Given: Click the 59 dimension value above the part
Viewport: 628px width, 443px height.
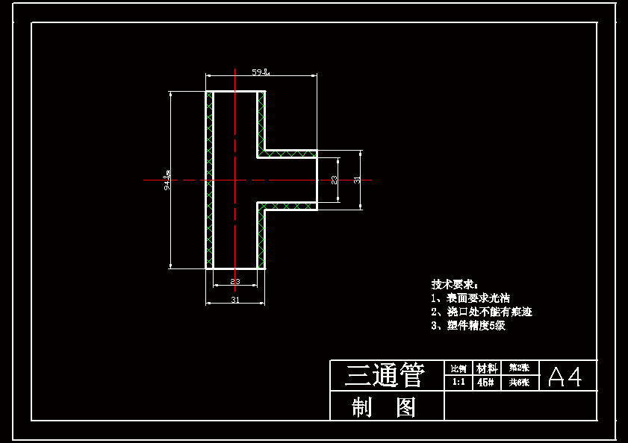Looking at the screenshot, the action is point(259,72).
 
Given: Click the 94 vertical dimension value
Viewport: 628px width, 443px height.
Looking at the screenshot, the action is point(167,180).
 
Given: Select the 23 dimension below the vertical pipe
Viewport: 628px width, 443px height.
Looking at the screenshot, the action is point(234,281).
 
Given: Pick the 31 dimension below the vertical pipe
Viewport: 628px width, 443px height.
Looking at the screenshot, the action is point(234,300).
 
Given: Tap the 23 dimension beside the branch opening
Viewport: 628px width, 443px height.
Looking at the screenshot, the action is point(334,180).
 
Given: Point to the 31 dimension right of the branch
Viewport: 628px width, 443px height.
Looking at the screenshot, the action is point(357,180).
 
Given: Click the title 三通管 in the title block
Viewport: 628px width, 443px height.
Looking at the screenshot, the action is point(384,375).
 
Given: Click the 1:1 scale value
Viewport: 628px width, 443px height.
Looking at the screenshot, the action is point(458,383).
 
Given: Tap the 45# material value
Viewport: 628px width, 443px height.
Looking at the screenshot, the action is point(485,383).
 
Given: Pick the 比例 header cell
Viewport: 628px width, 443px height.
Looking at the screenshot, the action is point(458,368).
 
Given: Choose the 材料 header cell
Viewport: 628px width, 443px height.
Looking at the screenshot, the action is point(487,368).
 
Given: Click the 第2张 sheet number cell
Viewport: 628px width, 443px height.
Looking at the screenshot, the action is point(519,368).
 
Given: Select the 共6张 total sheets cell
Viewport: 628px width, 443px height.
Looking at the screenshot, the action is point(519,383).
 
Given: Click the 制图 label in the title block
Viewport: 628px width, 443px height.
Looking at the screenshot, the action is point(384,407).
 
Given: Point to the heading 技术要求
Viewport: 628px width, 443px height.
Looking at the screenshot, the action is point(454,284).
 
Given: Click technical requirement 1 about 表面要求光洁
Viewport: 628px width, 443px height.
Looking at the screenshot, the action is point(470,298).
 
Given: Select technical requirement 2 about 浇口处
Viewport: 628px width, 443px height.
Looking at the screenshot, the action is point(481,312).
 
